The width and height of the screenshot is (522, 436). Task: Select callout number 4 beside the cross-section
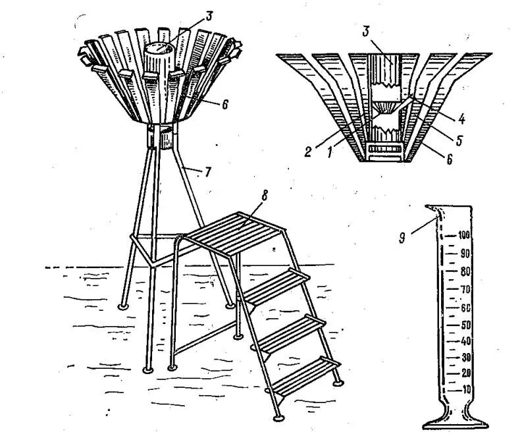coord(462,119)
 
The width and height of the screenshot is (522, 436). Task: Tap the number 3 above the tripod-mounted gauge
coord(209,14)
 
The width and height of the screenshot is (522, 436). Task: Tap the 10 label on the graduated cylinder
coord(466,390)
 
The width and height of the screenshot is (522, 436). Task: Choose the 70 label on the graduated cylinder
coord(465,289)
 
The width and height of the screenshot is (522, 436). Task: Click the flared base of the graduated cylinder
coord(454,420)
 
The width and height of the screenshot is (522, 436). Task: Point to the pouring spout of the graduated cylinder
coord(432,210)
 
